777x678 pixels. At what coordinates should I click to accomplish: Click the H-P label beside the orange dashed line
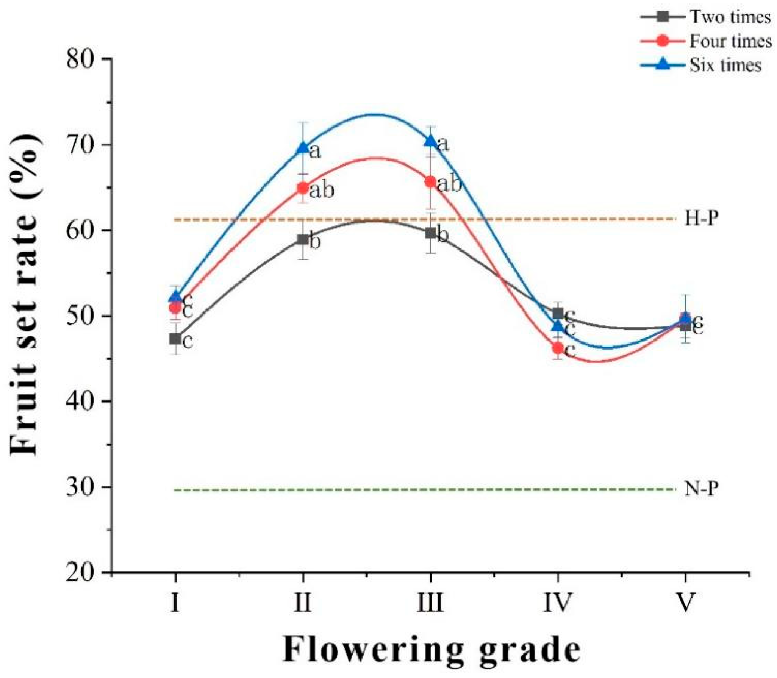[x=702, y=219]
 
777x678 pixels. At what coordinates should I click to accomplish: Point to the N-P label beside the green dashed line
[x=702, y=489]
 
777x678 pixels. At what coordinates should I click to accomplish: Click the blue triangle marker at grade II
[x=302, y=147]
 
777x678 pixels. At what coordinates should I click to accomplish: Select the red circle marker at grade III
[x=430, y=182]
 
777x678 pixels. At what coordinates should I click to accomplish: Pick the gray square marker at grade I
[x=175, y=338]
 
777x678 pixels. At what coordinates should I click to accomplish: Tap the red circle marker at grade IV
[x=557, y=347]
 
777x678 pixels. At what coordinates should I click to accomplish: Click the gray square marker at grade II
[x=302, y=239]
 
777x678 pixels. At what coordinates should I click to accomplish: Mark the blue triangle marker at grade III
[x=430, y=141]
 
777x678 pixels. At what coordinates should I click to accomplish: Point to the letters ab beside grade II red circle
[x=322, y=190]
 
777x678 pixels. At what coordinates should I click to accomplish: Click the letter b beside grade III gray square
[x=442, y=235]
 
